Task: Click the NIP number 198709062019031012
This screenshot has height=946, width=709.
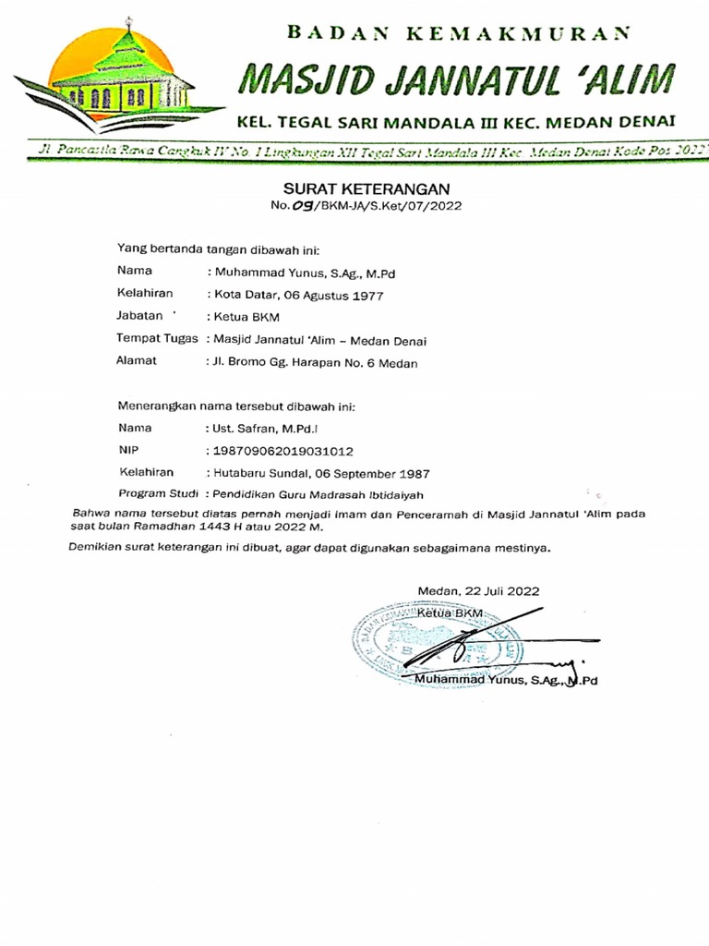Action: tap(282, 451)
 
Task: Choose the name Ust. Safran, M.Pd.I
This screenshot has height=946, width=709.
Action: tap(264, 430)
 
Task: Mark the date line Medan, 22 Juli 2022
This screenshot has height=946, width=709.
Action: tap(478, 591)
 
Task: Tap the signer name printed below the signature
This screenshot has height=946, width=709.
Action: tap(507, 680)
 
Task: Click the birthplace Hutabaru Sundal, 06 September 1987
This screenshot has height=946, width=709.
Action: tap(309, 473)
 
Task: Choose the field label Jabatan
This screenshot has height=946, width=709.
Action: tap(141, 317)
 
